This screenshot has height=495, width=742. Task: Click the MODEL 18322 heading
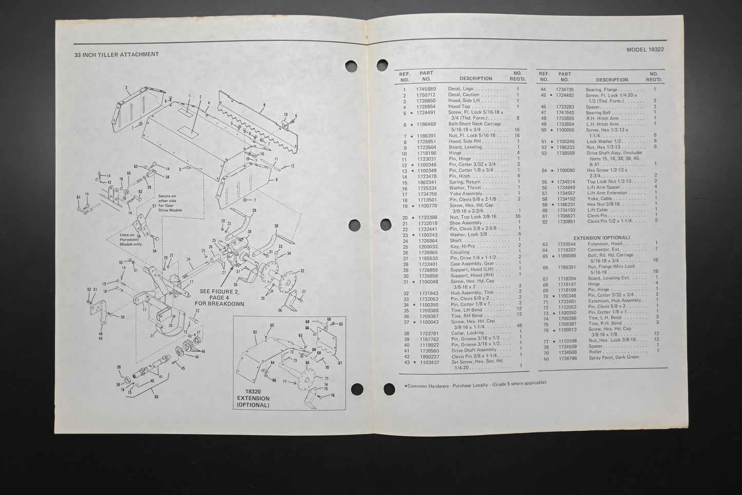(645, 50)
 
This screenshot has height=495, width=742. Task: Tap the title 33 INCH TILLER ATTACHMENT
(117, 54)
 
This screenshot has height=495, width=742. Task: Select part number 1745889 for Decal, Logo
(426, 89)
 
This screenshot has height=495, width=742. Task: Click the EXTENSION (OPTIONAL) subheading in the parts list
(602, 238)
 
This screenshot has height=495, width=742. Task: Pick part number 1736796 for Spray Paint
(566, 358)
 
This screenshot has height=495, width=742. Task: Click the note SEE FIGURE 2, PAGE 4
(219, 297)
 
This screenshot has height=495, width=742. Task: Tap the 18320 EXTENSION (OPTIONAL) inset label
(253, 398)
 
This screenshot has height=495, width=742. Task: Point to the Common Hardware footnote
(475, 383)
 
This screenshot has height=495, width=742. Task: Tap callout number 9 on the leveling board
(263, 105)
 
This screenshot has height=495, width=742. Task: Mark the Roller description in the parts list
(596, 352)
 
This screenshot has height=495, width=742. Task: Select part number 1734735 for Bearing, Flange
(565, 89)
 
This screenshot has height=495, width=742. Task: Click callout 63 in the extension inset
(254, 332)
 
